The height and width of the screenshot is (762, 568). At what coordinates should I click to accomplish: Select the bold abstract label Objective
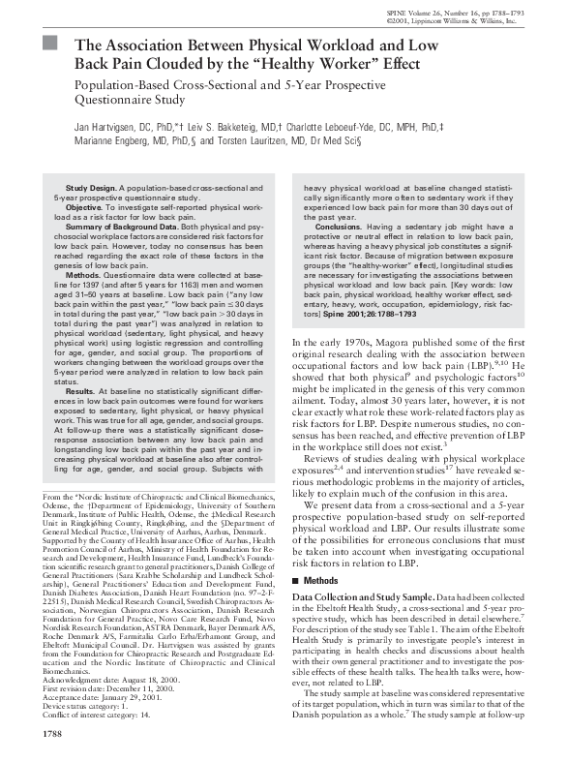click(83, 207)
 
